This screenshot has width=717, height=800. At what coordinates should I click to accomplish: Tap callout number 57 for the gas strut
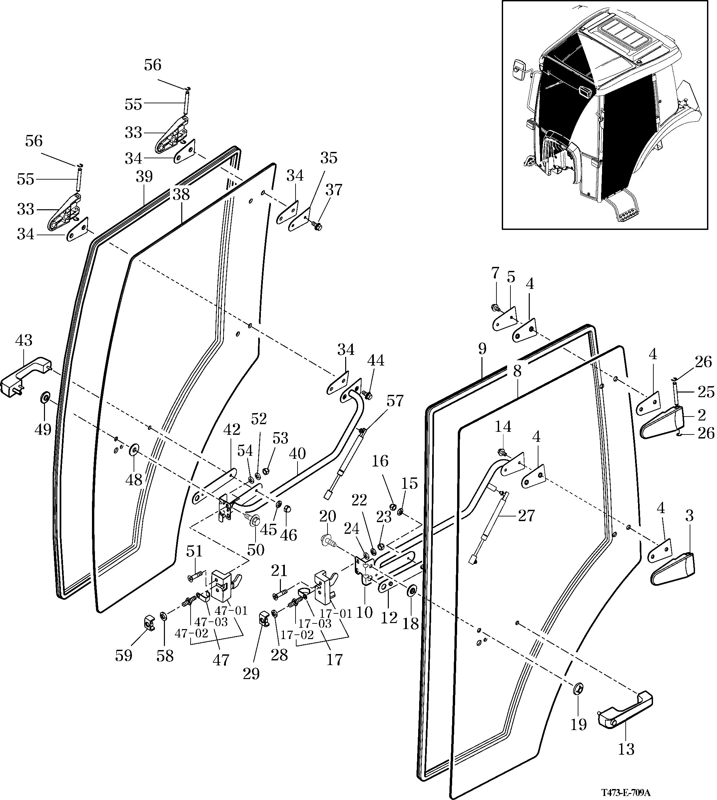pos(395,401)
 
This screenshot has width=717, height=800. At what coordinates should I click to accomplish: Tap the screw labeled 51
pos(195,577)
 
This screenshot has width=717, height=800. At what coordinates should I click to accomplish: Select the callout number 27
pos(526,515)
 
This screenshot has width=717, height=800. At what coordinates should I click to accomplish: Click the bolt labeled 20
pos(328,540)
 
